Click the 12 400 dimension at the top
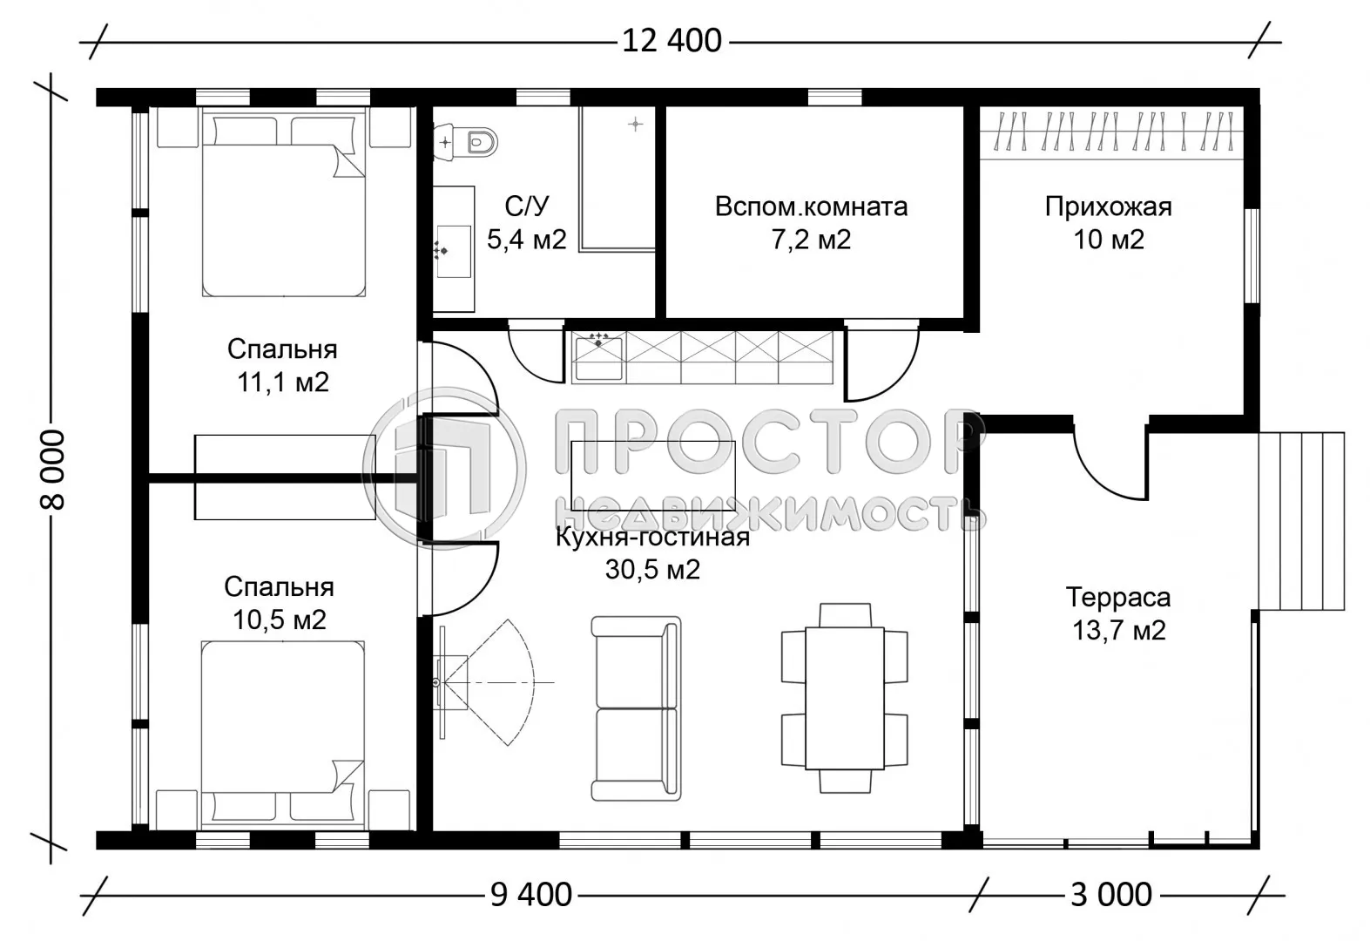(x=672, y=40)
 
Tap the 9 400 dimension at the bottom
(x=530, y=895)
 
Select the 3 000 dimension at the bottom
(x=1110, y=895)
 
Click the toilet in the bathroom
(x=478, y=140)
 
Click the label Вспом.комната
(x=811, y=207)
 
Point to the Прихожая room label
(x=1108, y=207)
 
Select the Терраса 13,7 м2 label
(x=1118, y=613)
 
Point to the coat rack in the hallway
(x=1108, y=132)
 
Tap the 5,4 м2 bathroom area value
(x=526, y=240)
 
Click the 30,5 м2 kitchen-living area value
(x=652, y=570)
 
